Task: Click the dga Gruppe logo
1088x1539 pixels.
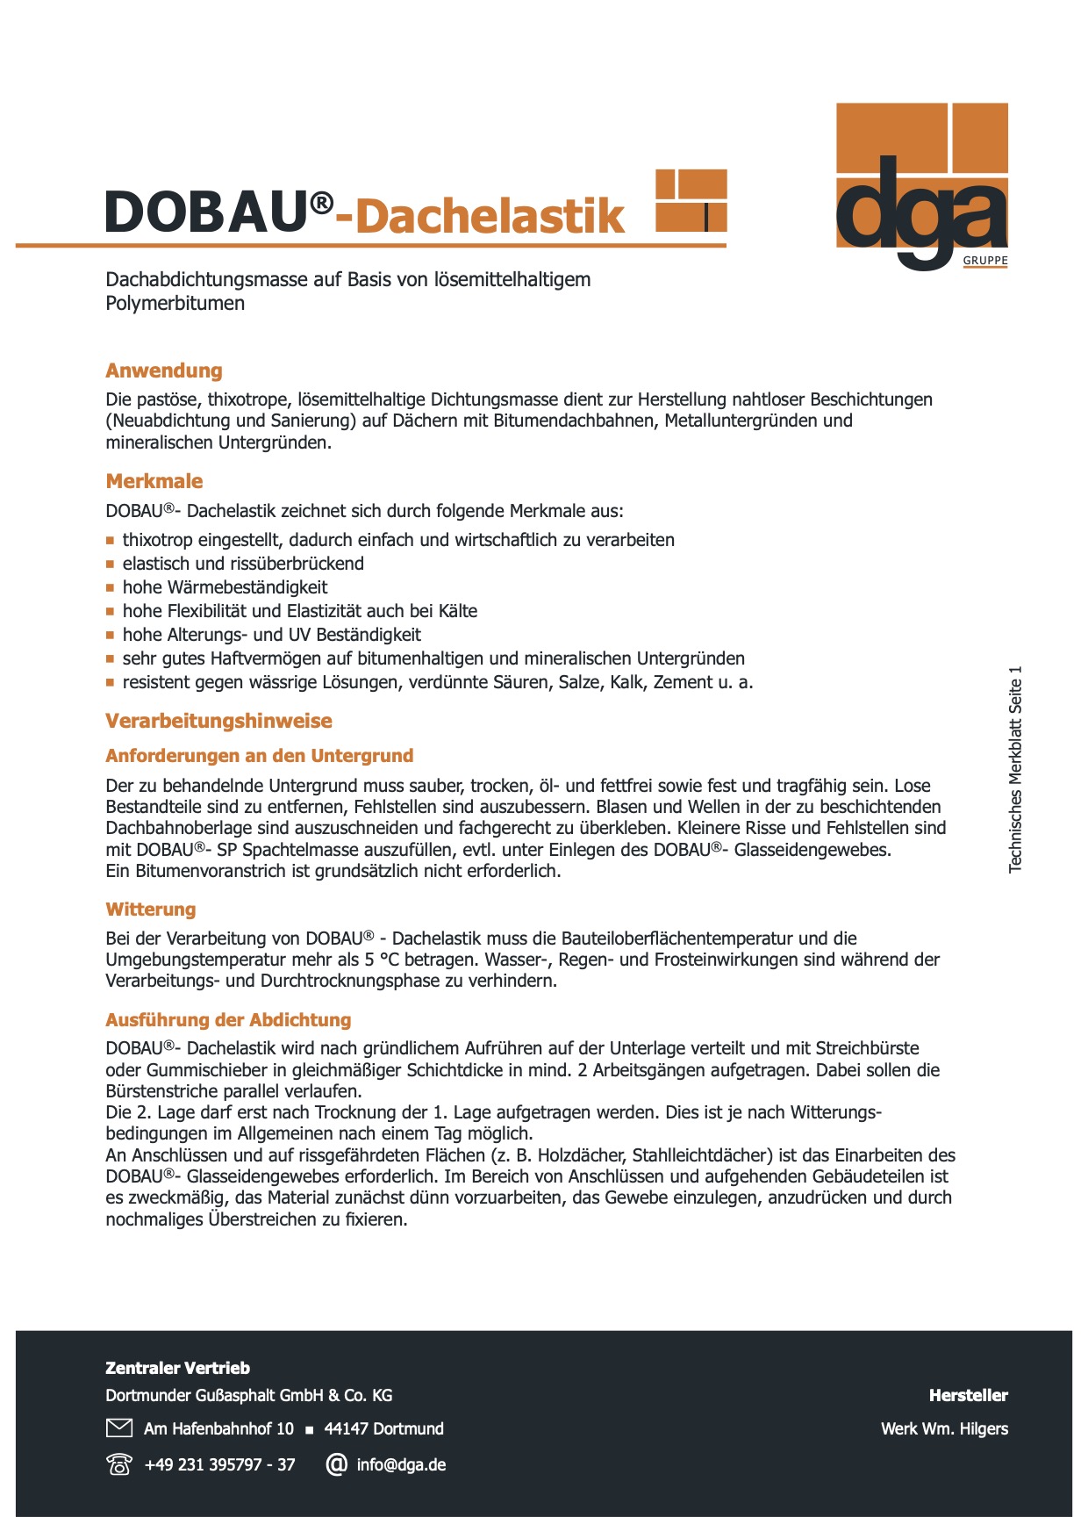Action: [x=921, y=186]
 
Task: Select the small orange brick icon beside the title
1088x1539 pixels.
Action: [x=691, y=200]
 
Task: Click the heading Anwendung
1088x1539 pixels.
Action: [x=164, y=370]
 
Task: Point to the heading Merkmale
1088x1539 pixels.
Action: [x=154, y=481]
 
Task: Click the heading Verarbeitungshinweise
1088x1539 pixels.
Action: [x=218, y=721]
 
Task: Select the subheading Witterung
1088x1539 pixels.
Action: [x=151, y=910]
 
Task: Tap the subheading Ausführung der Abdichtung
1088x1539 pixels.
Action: [x=228, y=1020]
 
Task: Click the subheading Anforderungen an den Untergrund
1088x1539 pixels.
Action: [x=259, y=756]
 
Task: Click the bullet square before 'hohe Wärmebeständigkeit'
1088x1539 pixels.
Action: [x=111, y=588]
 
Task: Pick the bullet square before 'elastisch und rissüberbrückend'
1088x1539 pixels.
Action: [x=111, y=565]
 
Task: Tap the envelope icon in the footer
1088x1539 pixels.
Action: [x=118, y=1428]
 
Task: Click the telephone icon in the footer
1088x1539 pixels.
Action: [x=118, y=1464]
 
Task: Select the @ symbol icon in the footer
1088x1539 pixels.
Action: [x=336, y=1464]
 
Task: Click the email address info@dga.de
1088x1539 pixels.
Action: [x=401, y=1464]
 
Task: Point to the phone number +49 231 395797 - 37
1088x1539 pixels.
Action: [x=219, y=1464]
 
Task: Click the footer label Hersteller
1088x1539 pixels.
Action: [x=968, y=1395]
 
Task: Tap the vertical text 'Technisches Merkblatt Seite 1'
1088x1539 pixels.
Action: [x=1016, y=769]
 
